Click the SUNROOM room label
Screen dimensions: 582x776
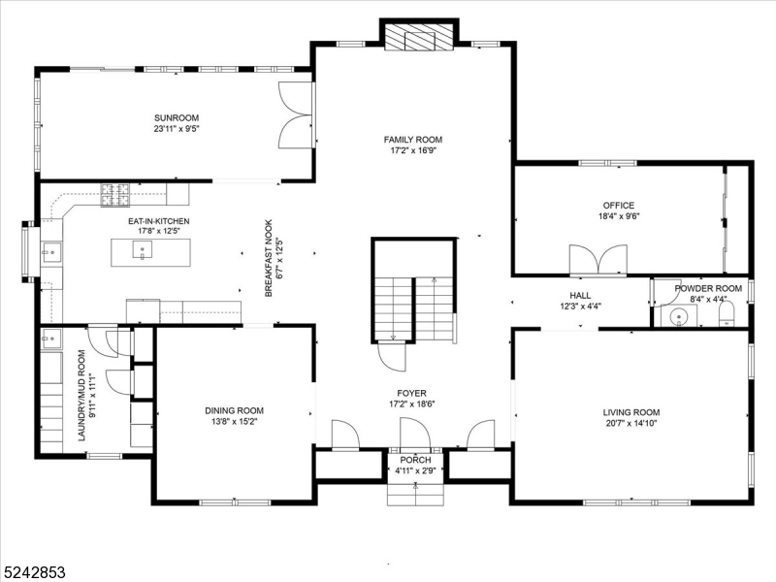point(176,117)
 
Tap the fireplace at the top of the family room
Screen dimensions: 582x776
point(418,36)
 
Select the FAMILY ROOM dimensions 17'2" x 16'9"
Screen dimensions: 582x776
point(412,151)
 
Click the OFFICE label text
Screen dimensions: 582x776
point(618,205)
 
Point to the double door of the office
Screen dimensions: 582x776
point(598,260)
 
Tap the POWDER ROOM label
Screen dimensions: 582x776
point(708,288)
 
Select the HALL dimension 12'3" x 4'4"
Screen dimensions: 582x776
point(580,307)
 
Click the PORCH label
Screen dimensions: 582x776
point(415,460)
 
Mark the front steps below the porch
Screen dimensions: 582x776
point(415,492)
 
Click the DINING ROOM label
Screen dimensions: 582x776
point(233,410)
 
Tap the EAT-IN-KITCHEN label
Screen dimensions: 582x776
point(158,221)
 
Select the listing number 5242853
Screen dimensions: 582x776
point(34,572)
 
